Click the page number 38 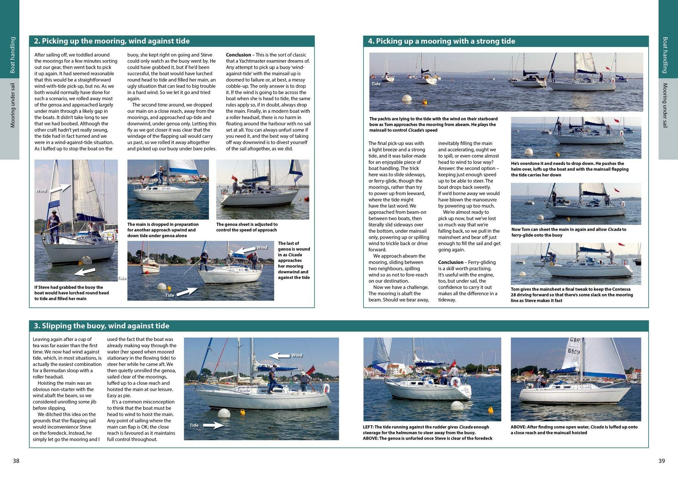pos(16,461)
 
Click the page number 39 pos(661,461)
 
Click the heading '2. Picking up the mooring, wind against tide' pos(112,41)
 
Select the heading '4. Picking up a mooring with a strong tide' pos(441,41)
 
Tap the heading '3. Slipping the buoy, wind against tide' pos(101,326)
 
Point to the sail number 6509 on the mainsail pos(574,351)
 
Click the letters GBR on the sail pos(575,340)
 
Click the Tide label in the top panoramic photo pos(376,84)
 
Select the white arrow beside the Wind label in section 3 pos(279,356)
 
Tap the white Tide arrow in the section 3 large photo pos(213,425)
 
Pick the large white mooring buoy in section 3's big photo pos(224,413)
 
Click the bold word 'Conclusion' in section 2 pos(238,55)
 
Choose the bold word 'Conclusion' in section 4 pos(451,262)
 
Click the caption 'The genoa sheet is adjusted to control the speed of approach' pos(247,227)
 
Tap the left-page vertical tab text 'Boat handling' pos(13,55)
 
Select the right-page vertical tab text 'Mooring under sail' pos(665,105)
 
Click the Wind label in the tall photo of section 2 pos(41,190)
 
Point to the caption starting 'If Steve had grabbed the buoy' pos(72,293)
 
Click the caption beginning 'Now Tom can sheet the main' pos(569,232)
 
